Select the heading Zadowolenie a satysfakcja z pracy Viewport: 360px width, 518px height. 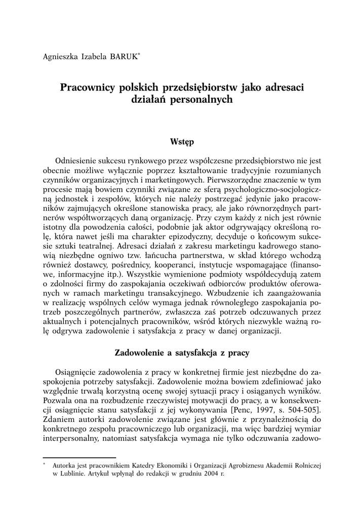182,351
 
